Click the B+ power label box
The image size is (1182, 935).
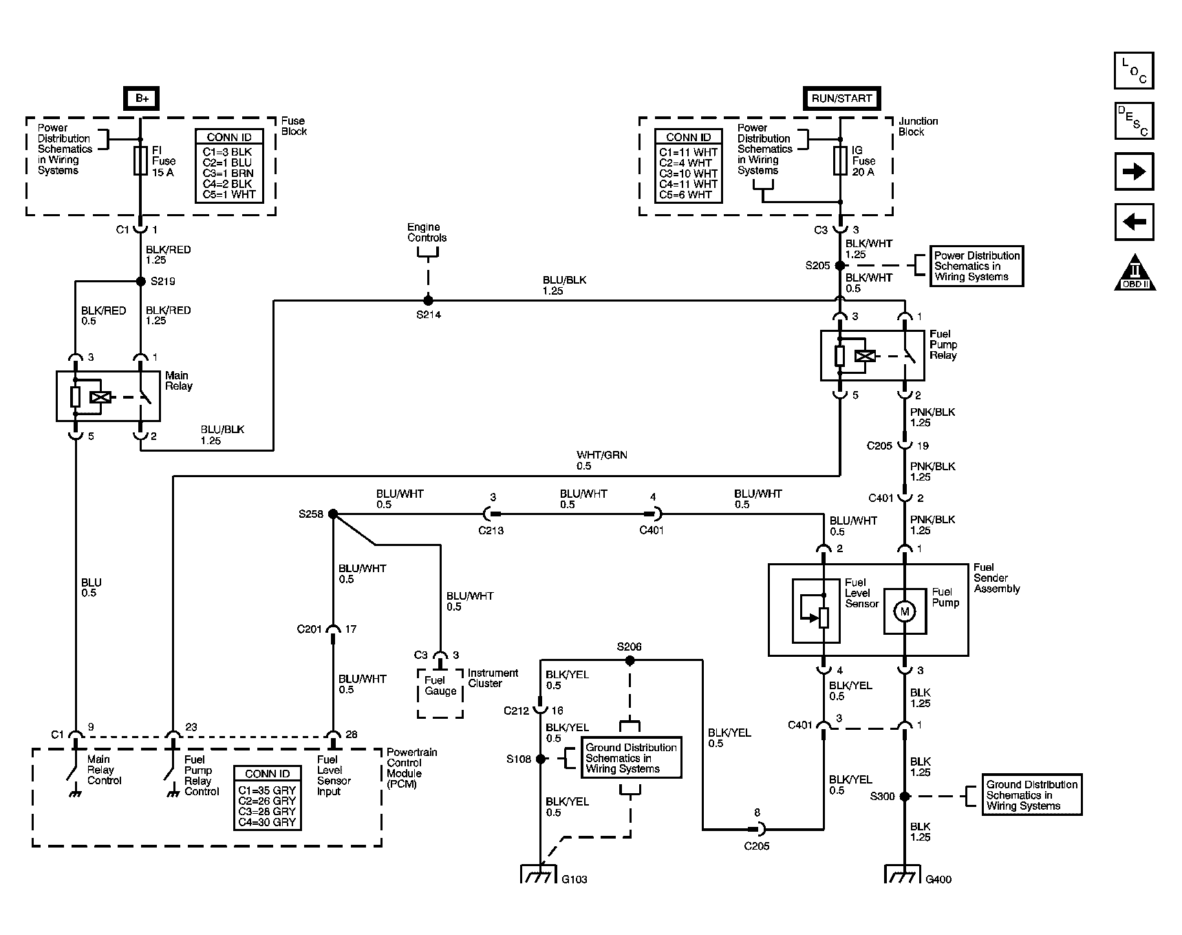[x=141, y=98]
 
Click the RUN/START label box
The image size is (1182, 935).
[x=841, y=98]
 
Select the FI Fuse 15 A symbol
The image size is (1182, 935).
[x=141, y=160]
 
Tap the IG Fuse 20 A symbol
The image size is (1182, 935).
[x=840, y=160]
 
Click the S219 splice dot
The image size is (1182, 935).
[x=141, y=281]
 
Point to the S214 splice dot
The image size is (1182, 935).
[x=428, y=300]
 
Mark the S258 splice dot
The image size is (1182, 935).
[x=333, y=514]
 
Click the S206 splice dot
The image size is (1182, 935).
[x=630, y=660]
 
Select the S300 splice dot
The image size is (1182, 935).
[x=905, y=796]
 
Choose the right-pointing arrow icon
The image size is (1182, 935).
[x=1133, y=171]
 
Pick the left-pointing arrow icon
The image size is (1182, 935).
[x=1133, y=222]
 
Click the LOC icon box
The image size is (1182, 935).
[x=1133, y=71]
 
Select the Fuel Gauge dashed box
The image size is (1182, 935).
[x=440, y=692]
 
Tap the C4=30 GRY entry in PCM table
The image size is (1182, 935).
[x=267, y=822]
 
